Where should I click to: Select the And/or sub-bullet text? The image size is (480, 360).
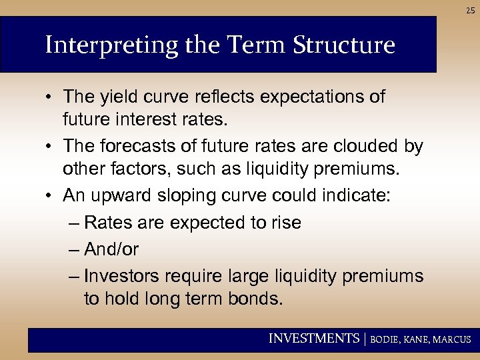(111, 249)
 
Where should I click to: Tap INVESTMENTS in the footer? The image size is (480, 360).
(313, 339)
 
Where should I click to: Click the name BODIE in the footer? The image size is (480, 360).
(385, 340)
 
